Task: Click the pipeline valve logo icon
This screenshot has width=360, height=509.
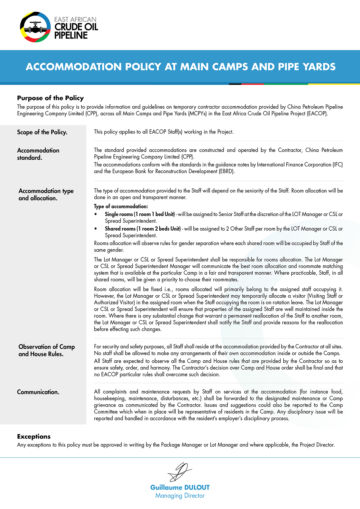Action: (x=35, y=27)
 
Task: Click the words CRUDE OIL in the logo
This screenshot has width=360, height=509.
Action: (x=76, y=27)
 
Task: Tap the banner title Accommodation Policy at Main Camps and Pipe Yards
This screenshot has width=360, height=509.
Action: (x=180, y=67)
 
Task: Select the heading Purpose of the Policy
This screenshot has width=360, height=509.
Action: (x=50, y=98)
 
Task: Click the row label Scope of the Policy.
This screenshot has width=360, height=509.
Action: (x=42, y=132)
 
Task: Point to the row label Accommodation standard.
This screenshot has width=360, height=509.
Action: (x=38, y=154)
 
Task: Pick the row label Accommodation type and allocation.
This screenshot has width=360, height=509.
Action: (x=46, y=194)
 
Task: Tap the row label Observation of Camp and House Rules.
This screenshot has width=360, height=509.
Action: (x=47, y=350)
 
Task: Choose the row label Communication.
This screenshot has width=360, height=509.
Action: (x=38, y=392)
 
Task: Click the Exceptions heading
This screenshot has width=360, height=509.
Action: (x=34, y=436)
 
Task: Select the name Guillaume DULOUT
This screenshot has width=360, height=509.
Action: (x=180, y=487)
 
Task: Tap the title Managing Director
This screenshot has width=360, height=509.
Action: (x=180, y=496)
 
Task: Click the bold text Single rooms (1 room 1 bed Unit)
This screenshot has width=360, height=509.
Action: (x=140, y=214)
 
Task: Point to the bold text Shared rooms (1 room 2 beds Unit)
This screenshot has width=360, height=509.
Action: (x=143, y=229)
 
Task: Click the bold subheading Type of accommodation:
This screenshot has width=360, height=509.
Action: (x=121, y=206)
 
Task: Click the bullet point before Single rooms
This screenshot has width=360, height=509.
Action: (x=96, y=214)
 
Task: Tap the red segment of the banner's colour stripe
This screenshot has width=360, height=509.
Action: (x=253, y=84)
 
